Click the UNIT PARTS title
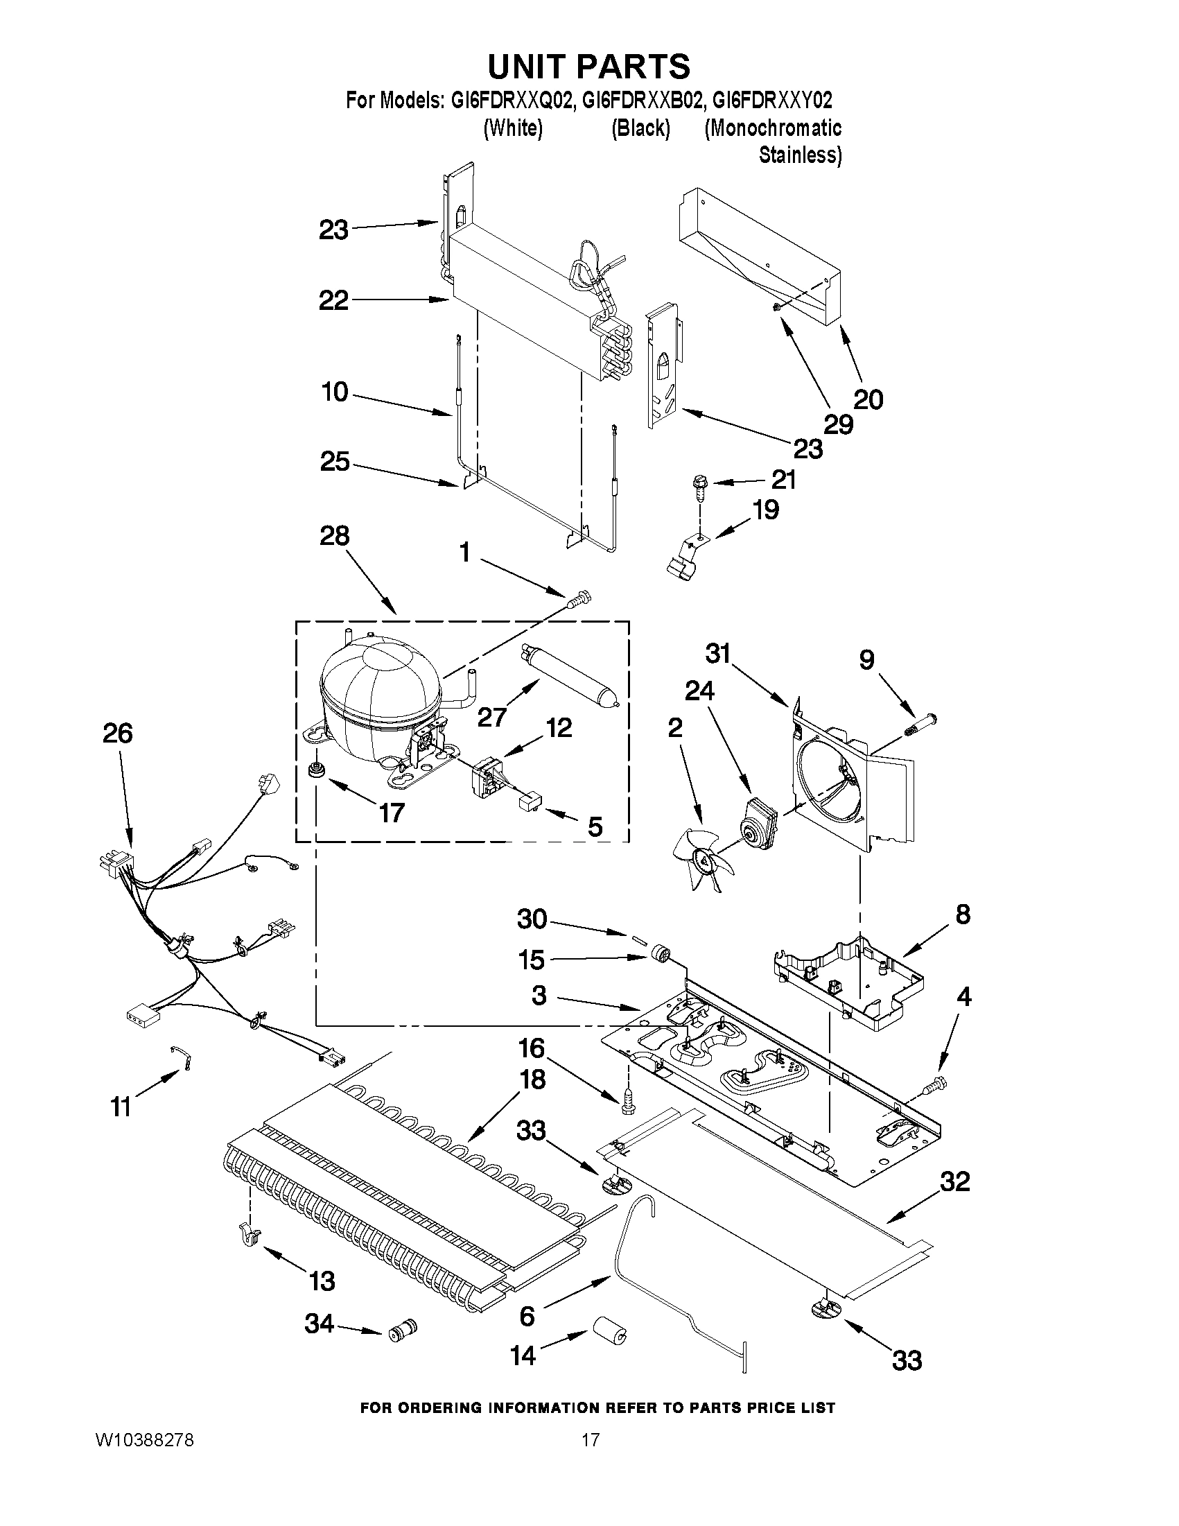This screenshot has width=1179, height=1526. pyautogui.click(x=588, y=67)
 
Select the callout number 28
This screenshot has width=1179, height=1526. pyautogui.click(x=335, y=536)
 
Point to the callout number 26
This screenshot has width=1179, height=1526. pyautogui.click(x=117, y=733)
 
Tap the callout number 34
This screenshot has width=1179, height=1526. pyautogui.click(x=320, y=1324)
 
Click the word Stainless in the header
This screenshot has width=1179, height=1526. pyautogui.click(x=800, y=155)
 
